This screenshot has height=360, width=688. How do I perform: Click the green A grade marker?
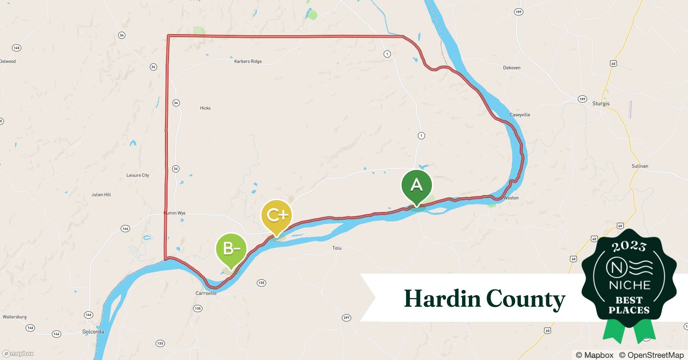point(416,185)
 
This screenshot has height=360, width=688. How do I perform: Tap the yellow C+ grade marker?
point(277,215)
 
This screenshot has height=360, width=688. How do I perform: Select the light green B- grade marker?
point(231,249)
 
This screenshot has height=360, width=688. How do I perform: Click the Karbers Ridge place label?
point(248,62)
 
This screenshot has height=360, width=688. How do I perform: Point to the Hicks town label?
point(205,108)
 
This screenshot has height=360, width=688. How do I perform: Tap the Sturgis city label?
point(601,104)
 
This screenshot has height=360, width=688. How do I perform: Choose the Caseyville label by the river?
point(520,115)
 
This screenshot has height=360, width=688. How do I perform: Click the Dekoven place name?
point(511,68)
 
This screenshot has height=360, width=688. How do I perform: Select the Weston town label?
point(511,198)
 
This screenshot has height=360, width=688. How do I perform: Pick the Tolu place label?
point(337,248)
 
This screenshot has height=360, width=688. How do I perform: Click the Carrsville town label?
point(206,293)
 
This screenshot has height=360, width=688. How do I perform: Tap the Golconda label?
point(93,332)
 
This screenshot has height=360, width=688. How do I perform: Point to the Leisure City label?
point(138,175)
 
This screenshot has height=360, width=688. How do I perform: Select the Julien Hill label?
point(101,195)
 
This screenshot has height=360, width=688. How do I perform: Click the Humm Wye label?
point(175,213)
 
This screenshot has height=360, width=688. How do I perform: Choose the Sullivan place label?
point(640,166)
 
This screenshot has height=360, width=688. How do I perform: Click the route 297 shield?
point(346,318)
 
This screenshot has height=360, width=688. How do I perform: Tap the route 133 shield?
point(160,343)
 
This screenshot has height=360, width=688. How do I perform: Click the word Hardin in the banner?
point(442,298)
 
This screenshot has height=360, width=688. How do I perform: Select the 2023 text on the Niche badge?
point(629,246)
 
